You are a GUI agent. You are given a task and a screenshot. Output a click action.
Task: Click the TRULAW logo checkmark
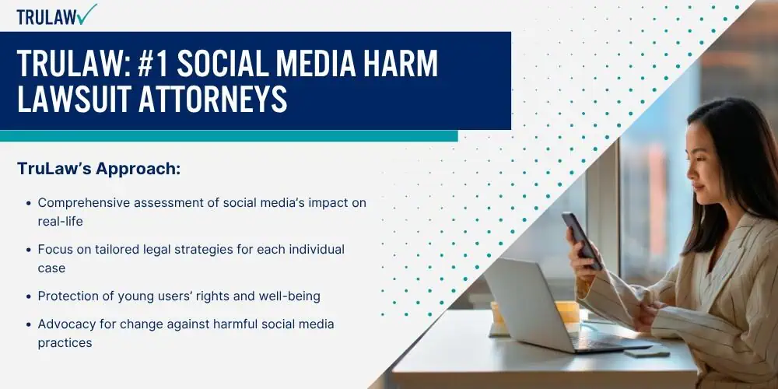click(87, 14)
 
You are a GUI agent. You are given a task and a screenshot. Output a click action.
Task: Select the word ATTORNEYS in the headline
click(212, 98)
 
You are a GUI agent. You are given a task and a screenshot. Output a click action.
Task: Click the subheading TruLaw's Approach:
click(99, 169)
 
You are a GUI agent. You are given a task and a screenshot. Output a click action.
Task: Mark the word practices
click(65, 343)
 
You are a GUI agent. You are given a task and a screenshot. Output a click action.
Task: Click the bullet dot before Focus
click(28, 250)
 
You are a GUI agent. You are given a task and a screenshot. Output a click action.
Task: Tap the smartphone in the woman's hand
click(582, 240)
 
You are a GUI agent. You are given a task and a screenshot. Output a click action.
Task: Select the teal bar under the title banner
click(229, 136)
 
